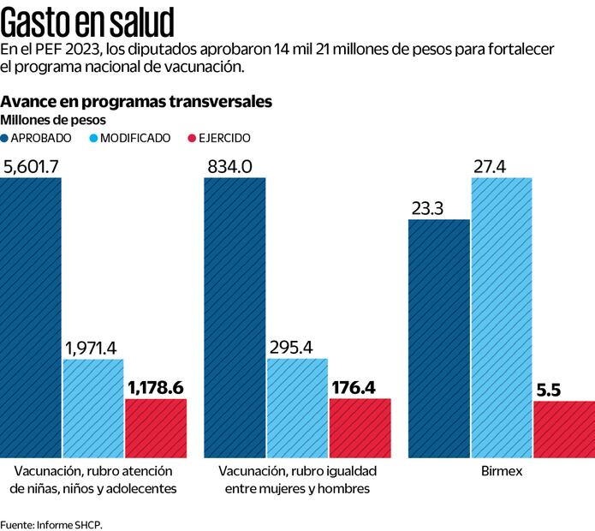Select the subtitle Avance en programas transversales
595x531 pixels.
click(x=138, y=101)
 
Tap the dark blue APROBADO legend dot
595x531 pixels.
click(x=6, y=138)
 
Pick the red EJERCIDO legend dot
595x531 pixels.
click(x=192, y=138)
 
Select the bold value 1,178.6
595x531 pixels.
click(x=155, y=388)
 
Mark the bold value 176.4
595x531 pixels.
click(x=354, y=388)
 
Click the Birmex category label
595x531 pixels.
click(x=502, y=472)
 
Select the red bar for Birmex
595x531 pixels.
click(x=563, y=427)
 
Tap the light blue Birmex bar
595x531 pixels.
click(x=502, y=316)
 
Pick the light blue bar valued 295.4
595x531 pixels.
click(x=297, y=406)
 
